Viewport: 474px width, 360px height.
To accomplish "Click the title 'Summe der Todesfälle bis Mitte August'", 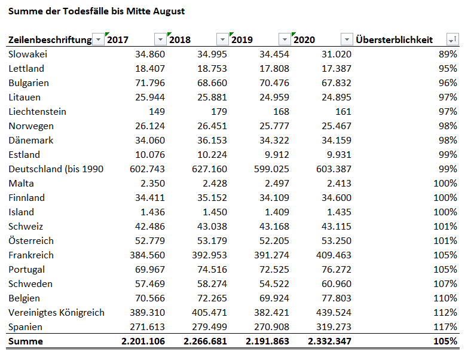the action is pos(96,11).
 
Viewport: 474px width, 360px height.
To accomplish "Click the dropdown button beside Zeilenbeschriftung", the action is pos(98,39).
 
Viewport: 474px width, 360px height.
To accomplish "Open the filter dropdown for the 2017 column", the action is pos(161,39).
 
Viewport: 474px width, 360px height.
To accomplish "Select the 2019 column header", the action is pos(242,39).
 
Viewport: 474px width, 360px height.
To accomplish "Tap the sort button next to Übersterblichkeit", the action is pos(452,39).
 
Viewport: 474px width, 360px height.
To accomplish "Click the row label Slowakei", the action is pos(28,54).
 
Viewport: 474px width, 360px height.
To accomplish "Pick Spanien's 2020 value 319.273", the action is pos(334,327).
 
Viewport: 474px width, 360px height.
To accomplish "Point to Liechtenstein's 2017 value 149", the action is pos(157,112).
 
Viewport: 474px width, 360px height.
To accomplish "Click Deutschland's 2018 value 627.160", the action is pos(209,169).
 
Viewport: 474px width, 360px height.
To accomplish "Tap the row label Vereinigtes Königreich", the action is pos(57,313).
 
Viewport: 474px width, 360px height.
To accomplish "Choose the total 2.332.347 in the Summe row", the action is pos(330,341).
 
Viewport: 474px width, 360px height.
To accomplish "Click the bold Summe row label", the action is pos(26,341).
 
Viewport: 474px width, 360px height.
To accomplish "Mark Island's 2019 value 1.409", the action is pos(277,212).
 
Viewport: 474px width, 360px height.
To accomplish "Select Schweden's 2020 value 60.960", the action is pos(337,284).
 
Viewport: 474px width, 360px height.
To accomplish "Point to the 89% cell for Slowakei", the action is pos(448,54).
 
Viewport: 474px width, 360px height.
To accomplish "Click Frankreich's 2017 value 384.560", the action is pos(148,255).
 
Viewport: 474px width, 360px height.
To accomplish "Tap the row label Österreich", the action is pos(31,240).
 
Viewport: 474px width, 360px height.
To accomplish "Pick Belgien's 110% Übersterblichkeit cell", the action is pos(445,298).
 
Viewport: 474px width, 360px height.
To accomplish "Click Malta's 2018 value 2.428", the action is pos(215,184).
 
